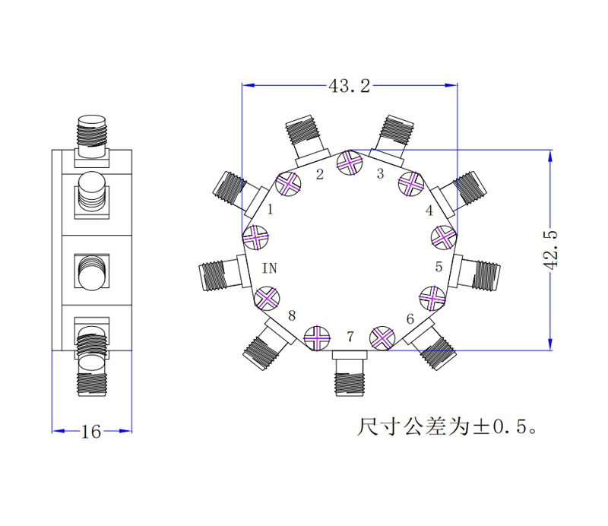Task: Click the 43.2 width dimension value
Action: click(x=349, y=86)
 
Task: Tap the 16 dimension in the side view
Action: click(x=91, y=433)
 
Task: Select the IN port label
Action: click(x=270, y=268)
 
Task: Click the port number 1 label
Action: click(x=269, y=209)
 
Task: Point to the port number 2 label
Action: click(x=320, y=175)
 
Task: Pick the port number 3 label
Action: click(x=381, y=174)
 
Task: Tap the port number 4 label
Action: click(x=429, y=211)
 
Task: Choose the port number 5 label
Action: click(x=439, y=267)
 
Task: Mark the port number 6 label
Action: click(x=410, y=319)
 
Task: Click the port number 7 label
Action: click(x=350, y=337)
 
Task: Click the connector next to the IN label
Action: click(x=220, y=274)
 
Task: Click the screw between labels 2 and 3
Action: click(x=350, y=162)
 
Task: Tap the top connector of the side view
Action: click(x=93, y=135)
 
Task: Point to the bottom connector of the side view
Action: click(x=93, y=375)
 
